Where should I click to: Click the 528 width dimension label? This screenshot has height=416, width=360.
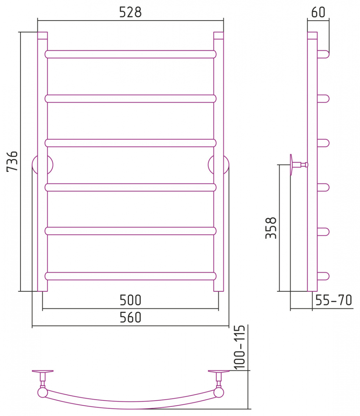pyautogui.click(x=130, y=12)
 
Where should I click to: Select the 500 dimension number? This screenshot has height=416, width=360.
pyautogui.click(x=130, y=300)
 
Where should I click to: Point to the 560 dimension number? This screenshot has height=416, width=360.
pyautogui.click(x=130, y=317)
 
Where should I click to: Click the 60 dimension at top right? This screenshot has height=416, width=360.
pyautogui.click(x=318, y=12)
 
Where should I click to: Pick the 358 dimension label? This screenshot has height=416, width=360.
pyautogui.click(x=271, y=228)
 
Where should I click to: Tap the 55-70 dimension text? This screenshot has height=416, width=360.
pyautogui.click(x=334, y=300)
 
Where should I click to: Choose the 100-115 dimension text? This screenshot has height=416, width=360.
pyautogui.click(x=239, y=348)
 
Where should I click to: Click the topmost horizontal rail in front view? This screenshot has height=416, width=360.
pyautogui.click(x=130, y=54)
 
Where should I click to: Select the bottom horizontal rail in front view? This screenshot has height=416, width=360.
pyautogui.click(x=130, y=276)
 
